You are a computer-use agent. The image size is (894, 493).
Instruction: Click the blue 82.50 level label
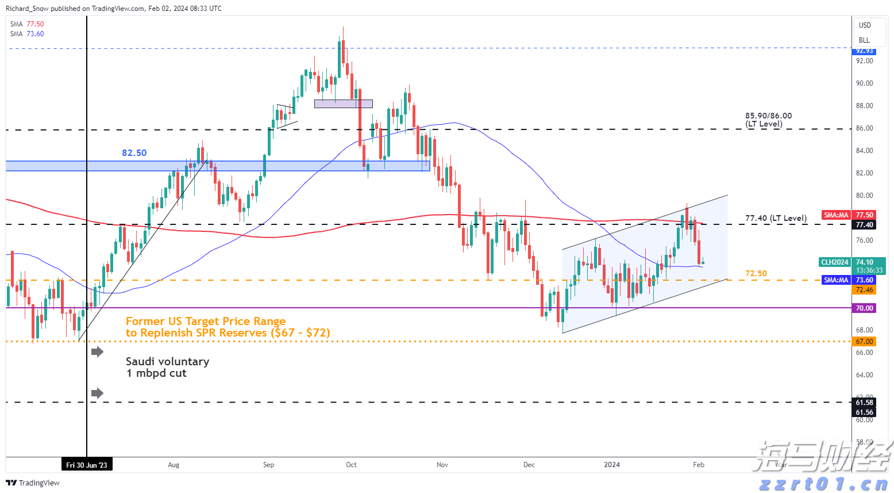pos(134,153)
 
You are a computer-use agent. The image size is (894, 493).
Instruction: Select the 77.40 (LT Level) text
pos(776,218)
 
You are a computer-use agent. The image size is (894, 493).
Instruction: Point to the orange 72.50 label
pos(756,273)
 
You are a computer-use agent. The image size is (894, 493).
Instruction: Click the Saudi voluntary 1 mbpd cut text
pos(167,367)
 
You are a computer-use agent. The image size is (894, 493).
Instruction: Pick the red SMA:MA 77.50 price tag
pos(836,215)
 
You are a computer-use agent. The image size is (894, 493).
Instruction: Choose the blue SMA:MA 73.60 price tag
pos(836,280)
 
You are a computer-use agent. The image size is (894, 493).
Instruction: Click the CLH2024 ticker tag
pos(834,262)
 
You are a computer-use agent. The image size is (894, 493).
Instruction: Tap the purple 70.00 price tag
pos(864,308)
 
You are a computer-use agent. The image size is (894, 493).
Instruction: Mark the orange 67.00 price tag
pos(864,342)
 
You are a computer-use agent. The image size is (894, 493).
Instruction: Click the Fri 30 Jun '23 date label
pos(87,465)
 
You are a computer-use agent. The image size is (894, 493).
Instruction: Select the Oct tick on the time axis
pos(351,465)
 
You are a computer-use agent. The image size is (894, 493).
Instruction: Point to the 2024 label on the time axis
pos(612,465)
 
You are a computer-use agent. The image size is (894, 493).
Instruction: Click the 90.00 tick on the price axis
pos(864,83)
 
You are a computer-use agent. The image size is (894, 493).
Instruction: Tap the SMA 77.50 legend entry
pos(26,24)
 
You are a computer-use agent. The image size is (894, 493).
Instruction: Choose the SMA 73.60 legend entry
pos(26,34)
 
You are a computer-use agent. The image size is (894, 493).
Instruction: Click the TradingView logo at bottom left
pos(33,483)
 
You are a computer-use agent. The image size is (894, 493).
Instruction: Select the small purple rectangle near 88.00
pos(343,104)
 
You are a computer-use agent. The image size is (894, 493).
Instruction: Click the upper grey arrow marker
pos(98,351)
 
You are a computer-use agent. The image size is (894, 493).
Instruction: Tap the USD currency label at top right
pos(865,25)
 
